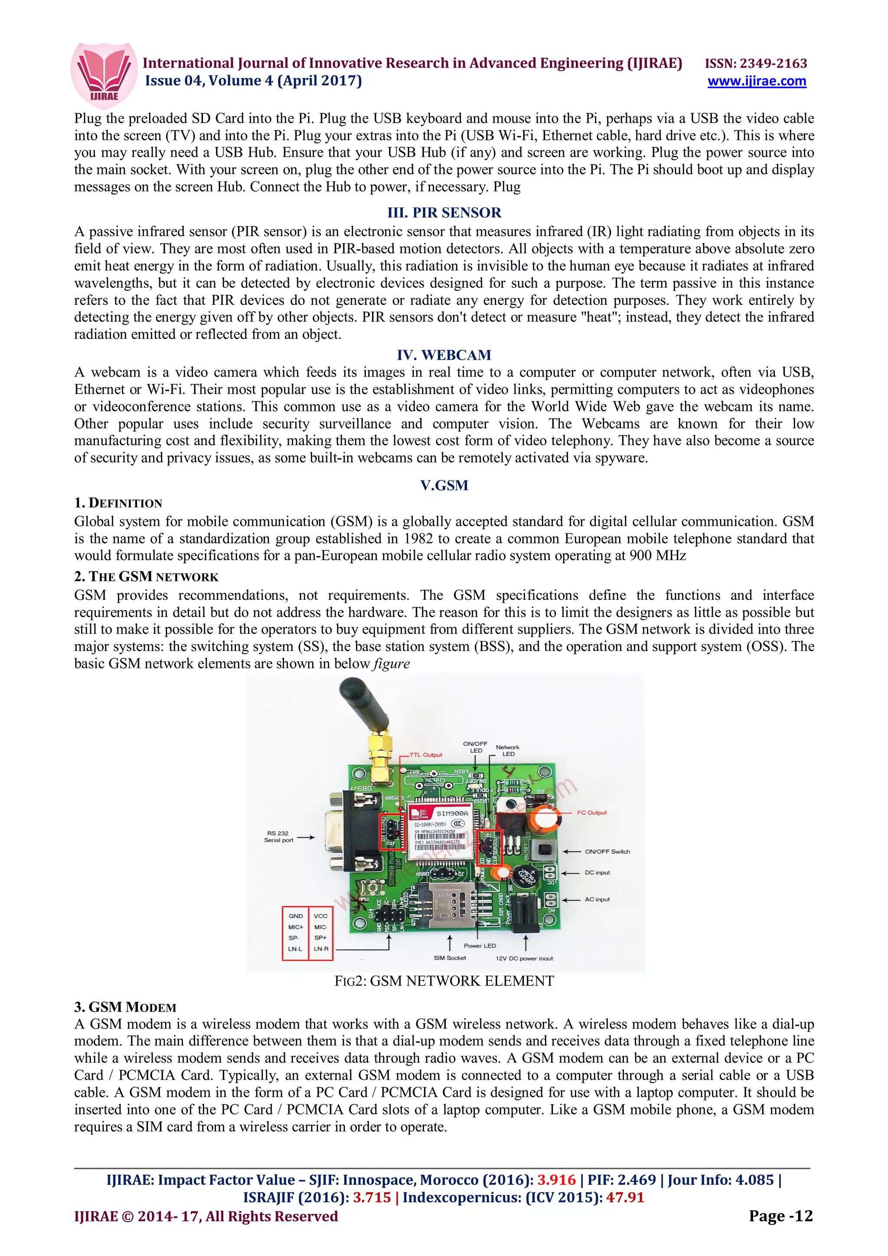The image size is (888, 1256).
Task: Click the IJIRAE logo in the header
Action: pyautogui.click(x=104, y=75)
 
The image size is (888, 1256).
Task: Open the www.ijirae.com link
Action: pyautogui.click(x=756, y=81)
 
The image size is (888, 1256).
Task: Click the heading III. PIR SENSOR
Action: pyautogui.click(x=444, y=212)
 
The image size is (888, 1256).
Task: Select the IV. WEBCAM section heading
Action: pyautogui.click(x=444, y=355)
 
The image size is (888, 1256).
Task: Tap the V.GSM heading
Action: pyautogui.click(x=444, y=485)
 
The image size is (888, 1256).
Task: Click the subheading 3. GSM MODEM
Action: pyautogui.click(x=125, y=1007)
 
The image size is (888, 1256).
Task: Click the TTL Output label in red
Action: pyautogui.click(x=426, y=755)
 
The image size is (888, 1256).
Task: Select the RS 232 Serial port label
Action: pyautogui.click(x=278, y=836)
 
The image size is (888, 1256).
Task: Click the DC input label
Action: pyautogui.click(x=597, y=872)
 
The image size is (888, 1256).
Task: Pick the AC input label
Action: pyautogui.click(x=597, y=899)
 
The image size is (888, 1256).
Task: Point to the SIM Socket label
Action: pyautogui.click(x=450, y=958)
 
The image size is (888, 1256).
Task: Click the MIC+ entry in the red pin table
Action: pyautogui.click(x=295, y=927)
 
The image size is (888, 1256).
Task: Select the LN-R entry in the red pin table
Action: pyautogui.click(x=320, y=949)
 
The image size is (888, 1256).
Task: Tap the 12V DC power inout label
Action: pyautogui.click(x=524, y=958)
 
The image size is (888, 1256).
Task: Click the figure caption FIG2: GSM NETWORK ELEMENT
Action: pyautogui.click(x=444, y=981)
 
